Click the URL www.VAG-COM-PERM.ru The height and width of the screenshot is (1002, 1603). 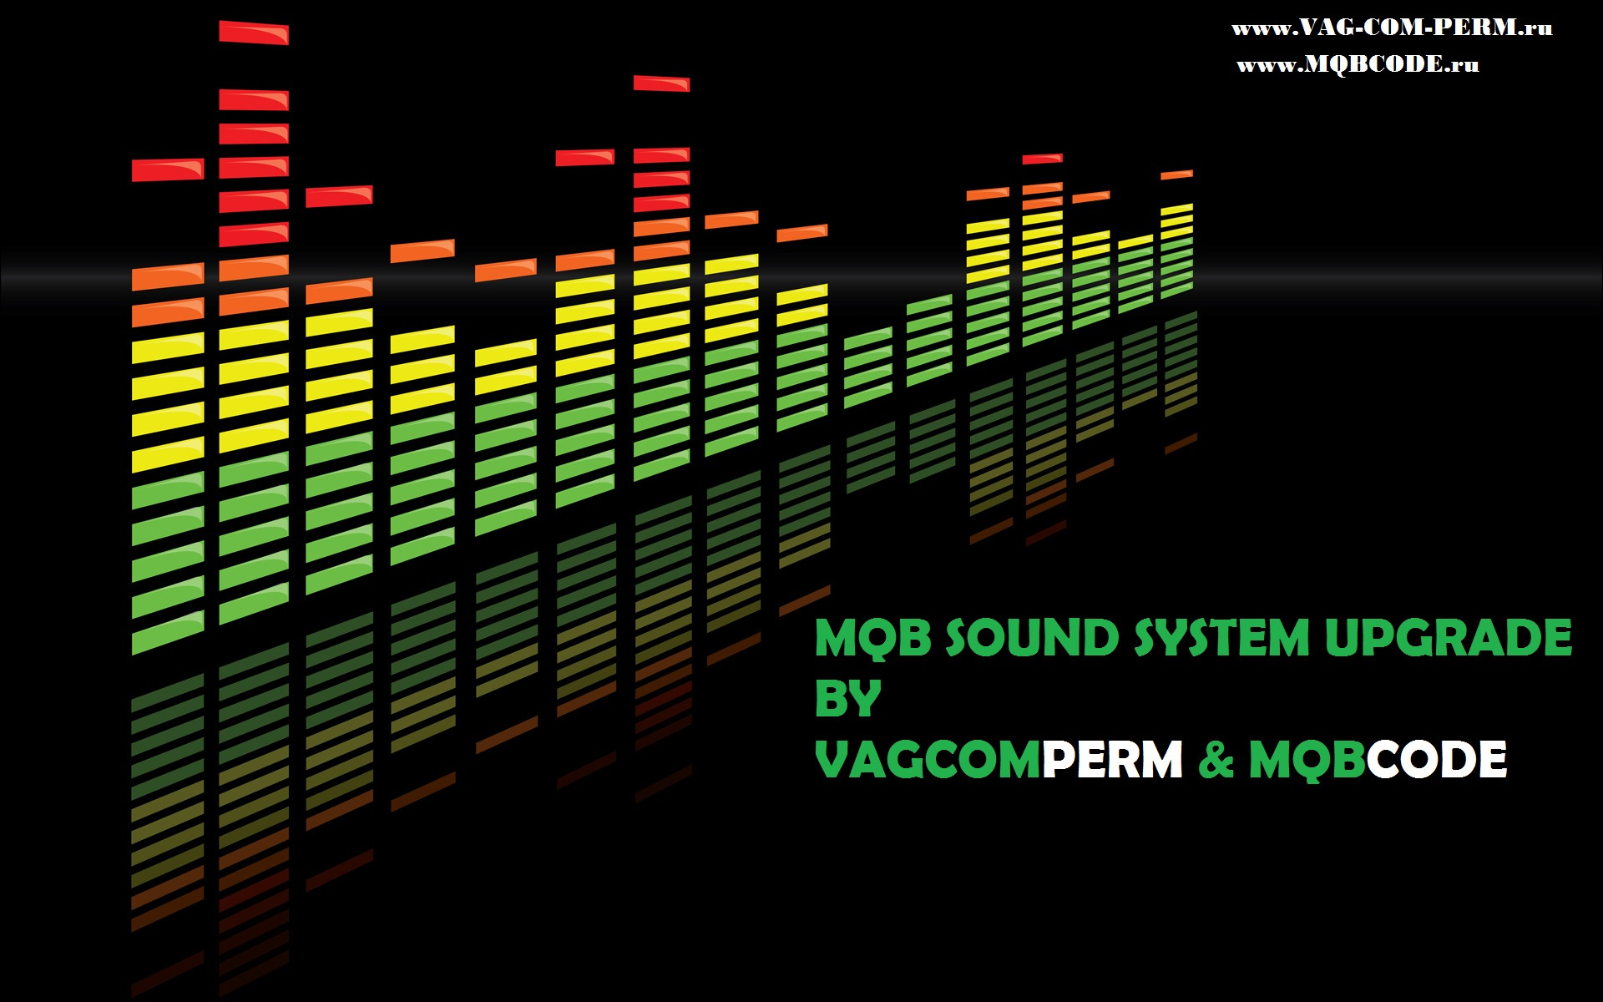click(1392, 28)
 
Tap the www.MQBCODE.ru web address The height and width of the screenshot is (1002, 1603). click(1358, 64)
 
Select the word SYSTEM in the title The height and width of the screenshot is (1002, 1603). click(1221, 639)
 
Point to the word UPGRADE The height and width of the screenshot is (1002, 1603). click(1449, 639)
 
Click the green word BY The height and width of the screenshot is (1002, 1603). click(847, 699)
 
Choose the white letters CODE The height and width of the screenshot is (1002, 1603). click(1437, 760)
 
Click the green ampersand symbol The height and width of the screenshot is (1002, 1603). click(1216, 760)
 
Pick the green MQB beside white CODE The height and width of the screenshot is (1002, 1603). click(1307, 761)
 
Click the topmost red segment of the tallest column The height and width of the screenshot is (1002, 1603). click(254, 33)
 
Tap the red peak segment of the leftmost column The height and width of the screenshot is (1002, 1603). click(168, 170)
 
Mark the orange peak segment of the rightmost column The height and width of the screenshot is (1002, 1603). click(1176, 175)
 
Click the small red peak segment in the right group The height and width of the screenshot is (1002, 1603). click(1043, 158)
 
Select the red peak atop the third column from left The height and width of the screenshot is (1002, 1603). click(339, 196)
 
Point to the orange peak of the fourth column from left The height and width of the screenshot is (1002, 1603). click(422, 250)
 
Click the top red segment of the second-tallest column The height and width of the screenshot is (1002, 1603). click(661, 83)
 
